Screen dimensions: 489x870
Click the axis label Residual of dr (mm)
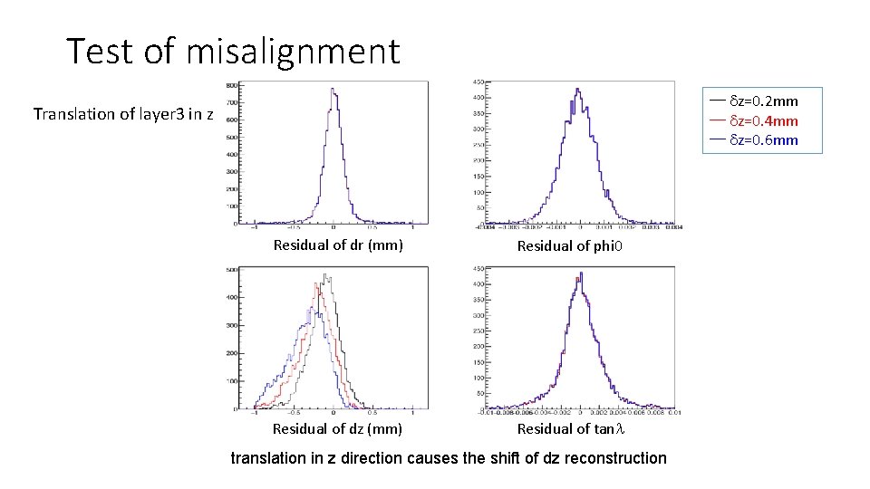click(338, 244)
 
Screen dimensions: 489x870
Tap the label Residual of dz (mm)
click(337, 428)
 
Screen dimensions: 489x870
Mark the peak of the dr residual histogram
click(333, 89)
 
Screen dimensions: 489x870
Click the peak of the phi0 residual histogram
click(577, 89)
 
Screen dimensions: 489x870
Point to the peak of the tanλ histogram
click(580, 273)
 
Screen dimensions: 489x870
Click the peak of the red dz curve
click(318, 284)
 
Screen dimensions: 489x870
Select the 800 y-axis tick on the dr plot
click(232, 85)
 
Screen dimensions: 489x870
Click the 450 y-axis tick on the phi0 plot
click(477, 82)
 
